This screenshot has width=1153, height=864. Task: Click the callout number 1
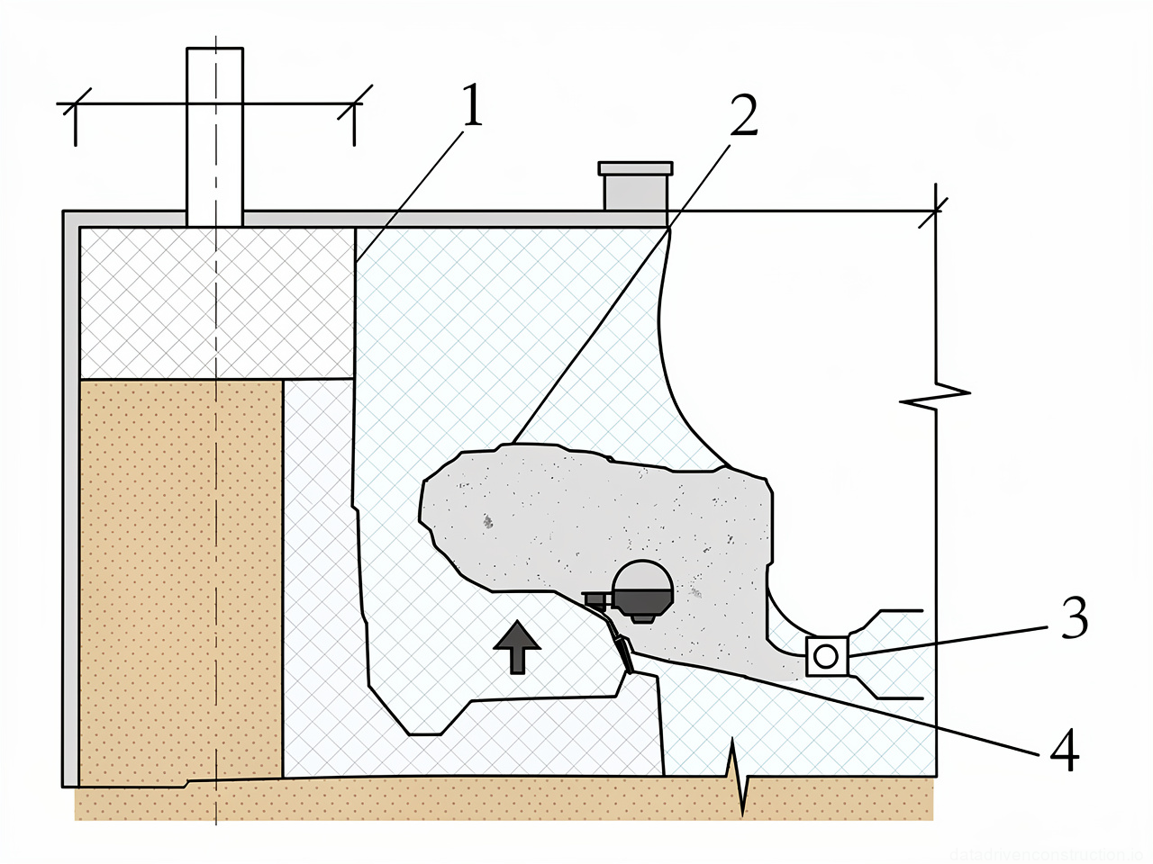pos(472,106)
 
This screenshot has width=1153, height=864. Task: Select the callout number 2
pos(743,116)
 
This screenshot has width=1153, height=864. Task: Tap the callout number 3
pos(1074,618)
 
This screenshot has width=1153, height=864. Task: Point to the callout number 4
pos(1064,750)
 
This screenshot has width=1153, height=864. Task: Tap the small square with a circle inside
pos(826,656)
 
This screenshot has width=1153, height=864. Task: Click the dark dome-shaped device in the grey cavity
pos(641,590)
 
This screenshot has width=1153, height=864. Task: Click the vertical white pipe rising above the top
pos(214,135)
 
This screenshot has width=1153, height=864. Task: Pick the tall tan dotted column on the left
pos(180,576)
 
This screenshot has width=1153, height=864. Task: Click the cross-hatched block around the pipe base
pos(216,301)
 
